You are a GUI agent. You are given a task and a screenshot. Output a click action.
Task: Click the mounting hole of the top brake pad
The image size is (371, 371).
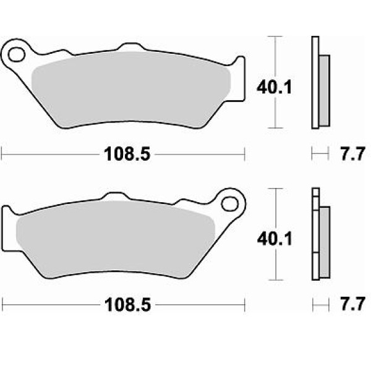[x=17, y=54]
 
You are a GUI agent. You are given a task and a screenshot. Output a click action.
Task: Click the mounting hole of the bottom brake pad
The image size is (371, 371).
[x=230, y=204]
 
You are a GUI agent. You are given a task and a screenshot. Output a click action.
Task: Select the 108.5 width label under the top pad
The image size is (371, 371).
[x=127, y=154]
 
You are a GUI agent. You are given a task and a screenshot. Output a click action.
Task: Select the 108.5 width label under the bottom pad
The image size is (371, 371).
[x=128, y=305]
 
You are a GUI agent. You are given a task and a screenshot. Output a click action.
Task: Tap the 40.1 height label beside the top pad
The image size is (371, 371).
[x=275, y=87]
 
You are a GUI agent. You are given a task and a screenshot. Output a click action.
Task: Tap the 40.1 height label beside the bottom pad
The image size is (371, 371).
[x=275, y=239]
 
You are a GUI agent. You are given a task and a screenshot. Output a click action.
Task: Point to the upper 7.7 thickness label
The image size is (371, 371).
[x=352, y=154]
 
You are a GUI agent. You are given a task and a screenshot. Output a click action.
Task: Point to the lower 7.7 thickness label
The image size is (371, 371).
[x=352, y=304]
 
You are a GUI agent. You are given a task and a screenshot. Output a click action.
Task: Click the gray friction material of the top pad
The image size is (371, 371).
[x=130, y=90]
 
